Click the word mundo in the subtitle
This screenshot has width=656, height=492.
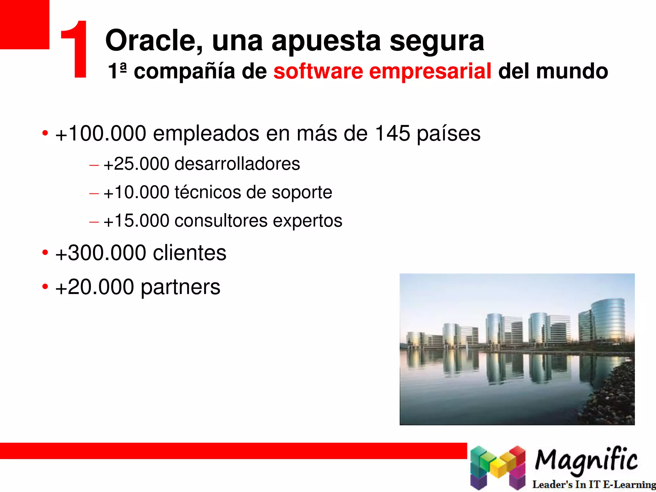click(x=572, y=71)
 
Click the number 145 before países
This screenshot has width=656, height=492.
click(x=392, y=133)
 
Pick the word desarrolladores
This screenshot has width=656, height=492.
click(x=237, y=164)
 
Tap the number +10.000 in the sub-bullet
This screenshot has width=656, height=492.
click(x=136, y=192)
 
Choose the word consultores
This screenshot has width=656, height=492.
click(x=221, y=221)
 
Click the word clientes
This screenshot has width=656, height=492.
click(x=190, y=253)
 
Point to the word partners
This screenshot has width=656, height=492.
click(x=180, y=287)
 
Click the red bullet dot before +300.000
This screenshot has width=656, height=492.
click(x=45, y=252)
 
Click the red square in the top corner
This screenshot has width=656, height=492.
click(x=24, y=24)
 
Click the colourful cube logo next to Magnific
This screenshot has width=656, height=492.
click(x=497, y=467)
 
